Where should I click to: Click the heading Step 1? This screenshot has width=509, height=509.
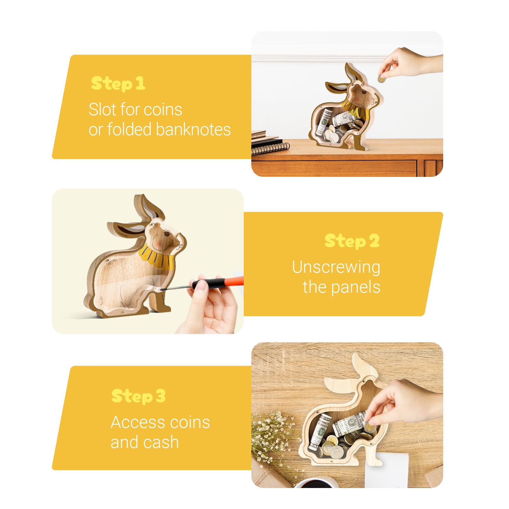(x=118, y=83)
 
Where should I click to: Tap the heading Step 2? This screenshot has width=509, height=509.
(x=352, y=241)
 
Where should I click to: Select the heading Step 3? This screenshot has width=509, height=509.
(x=138, y=396)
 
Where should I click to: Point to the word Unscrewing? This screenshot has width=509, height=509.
(x=336, y=267)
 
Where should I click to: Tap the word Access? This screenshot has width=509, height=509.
(x=138, y=422)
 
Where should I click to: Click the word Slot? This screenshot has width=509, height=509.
(x=101, y=109)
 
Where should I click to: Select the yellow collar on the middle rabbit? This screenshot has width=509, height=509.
(x=157, y=256)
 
